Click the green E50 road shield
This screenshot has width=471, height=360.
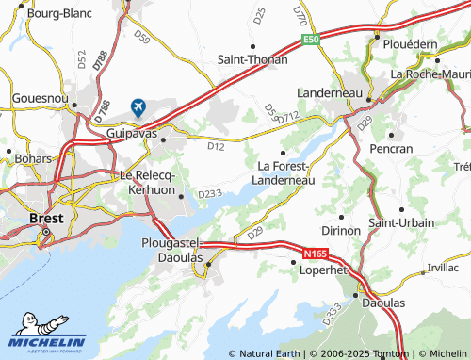pos(311,40)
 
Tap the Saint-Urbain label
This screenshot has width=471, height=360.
pos(401,222)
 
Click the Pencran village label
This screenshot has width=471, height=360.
pos(392,149)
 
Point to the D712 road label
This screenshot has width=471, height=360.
pos(287,116)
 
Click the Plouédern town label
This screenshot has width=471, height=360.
pos(407,42)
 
